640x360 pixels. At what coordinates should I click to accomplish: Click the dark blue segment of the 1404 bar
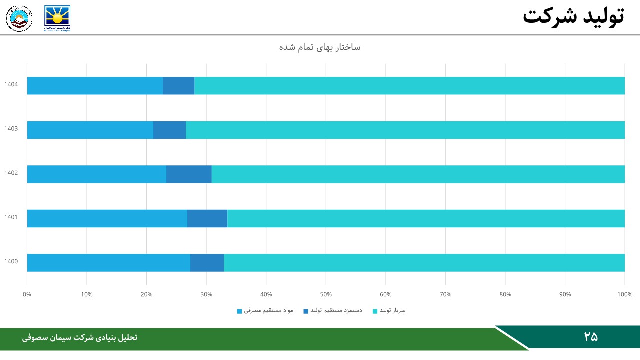tap(178, 86)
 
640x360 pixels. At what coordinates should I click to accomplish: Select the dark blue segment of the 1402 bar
tap(189, 174)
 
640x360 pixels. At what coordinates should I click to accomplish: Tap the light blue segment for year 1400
tap(108, 263)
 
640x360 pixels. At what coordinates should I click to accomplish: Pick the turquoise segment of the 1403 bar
tap(405, 130)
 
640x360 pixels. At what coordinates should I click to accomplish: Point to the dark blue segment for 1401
tap(207, 218)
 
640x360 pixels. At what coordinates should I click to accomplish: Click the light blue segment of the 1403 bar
tap(90, 130)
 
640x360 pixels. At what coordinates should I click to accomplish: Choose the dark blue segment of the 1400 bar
tap(207, 263)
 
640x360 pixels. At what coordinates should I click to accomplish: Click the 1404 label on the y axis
tap(11, 84)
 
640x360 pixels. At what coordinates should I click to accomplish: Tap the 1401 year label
tap(11, 217)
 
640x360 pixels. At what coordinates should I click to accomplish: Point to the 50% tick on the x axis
tap(326, 294)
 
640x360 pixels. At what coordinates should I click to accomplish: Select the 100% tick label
tap(625, 294)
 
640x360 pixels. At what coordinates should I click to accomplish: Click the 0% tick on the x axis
tap(27, 294)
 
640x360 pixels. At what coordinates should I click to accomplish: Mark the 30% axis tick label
tap(206, 294)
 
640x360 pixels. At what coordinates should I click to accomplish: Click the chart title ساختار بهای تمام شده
tap(320, 47)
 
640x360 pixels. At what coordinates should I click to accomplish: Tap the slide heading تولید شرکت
tap(573, 16)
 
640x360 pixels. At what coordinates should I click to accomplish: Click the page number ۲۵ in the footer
tap(591, 337)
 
